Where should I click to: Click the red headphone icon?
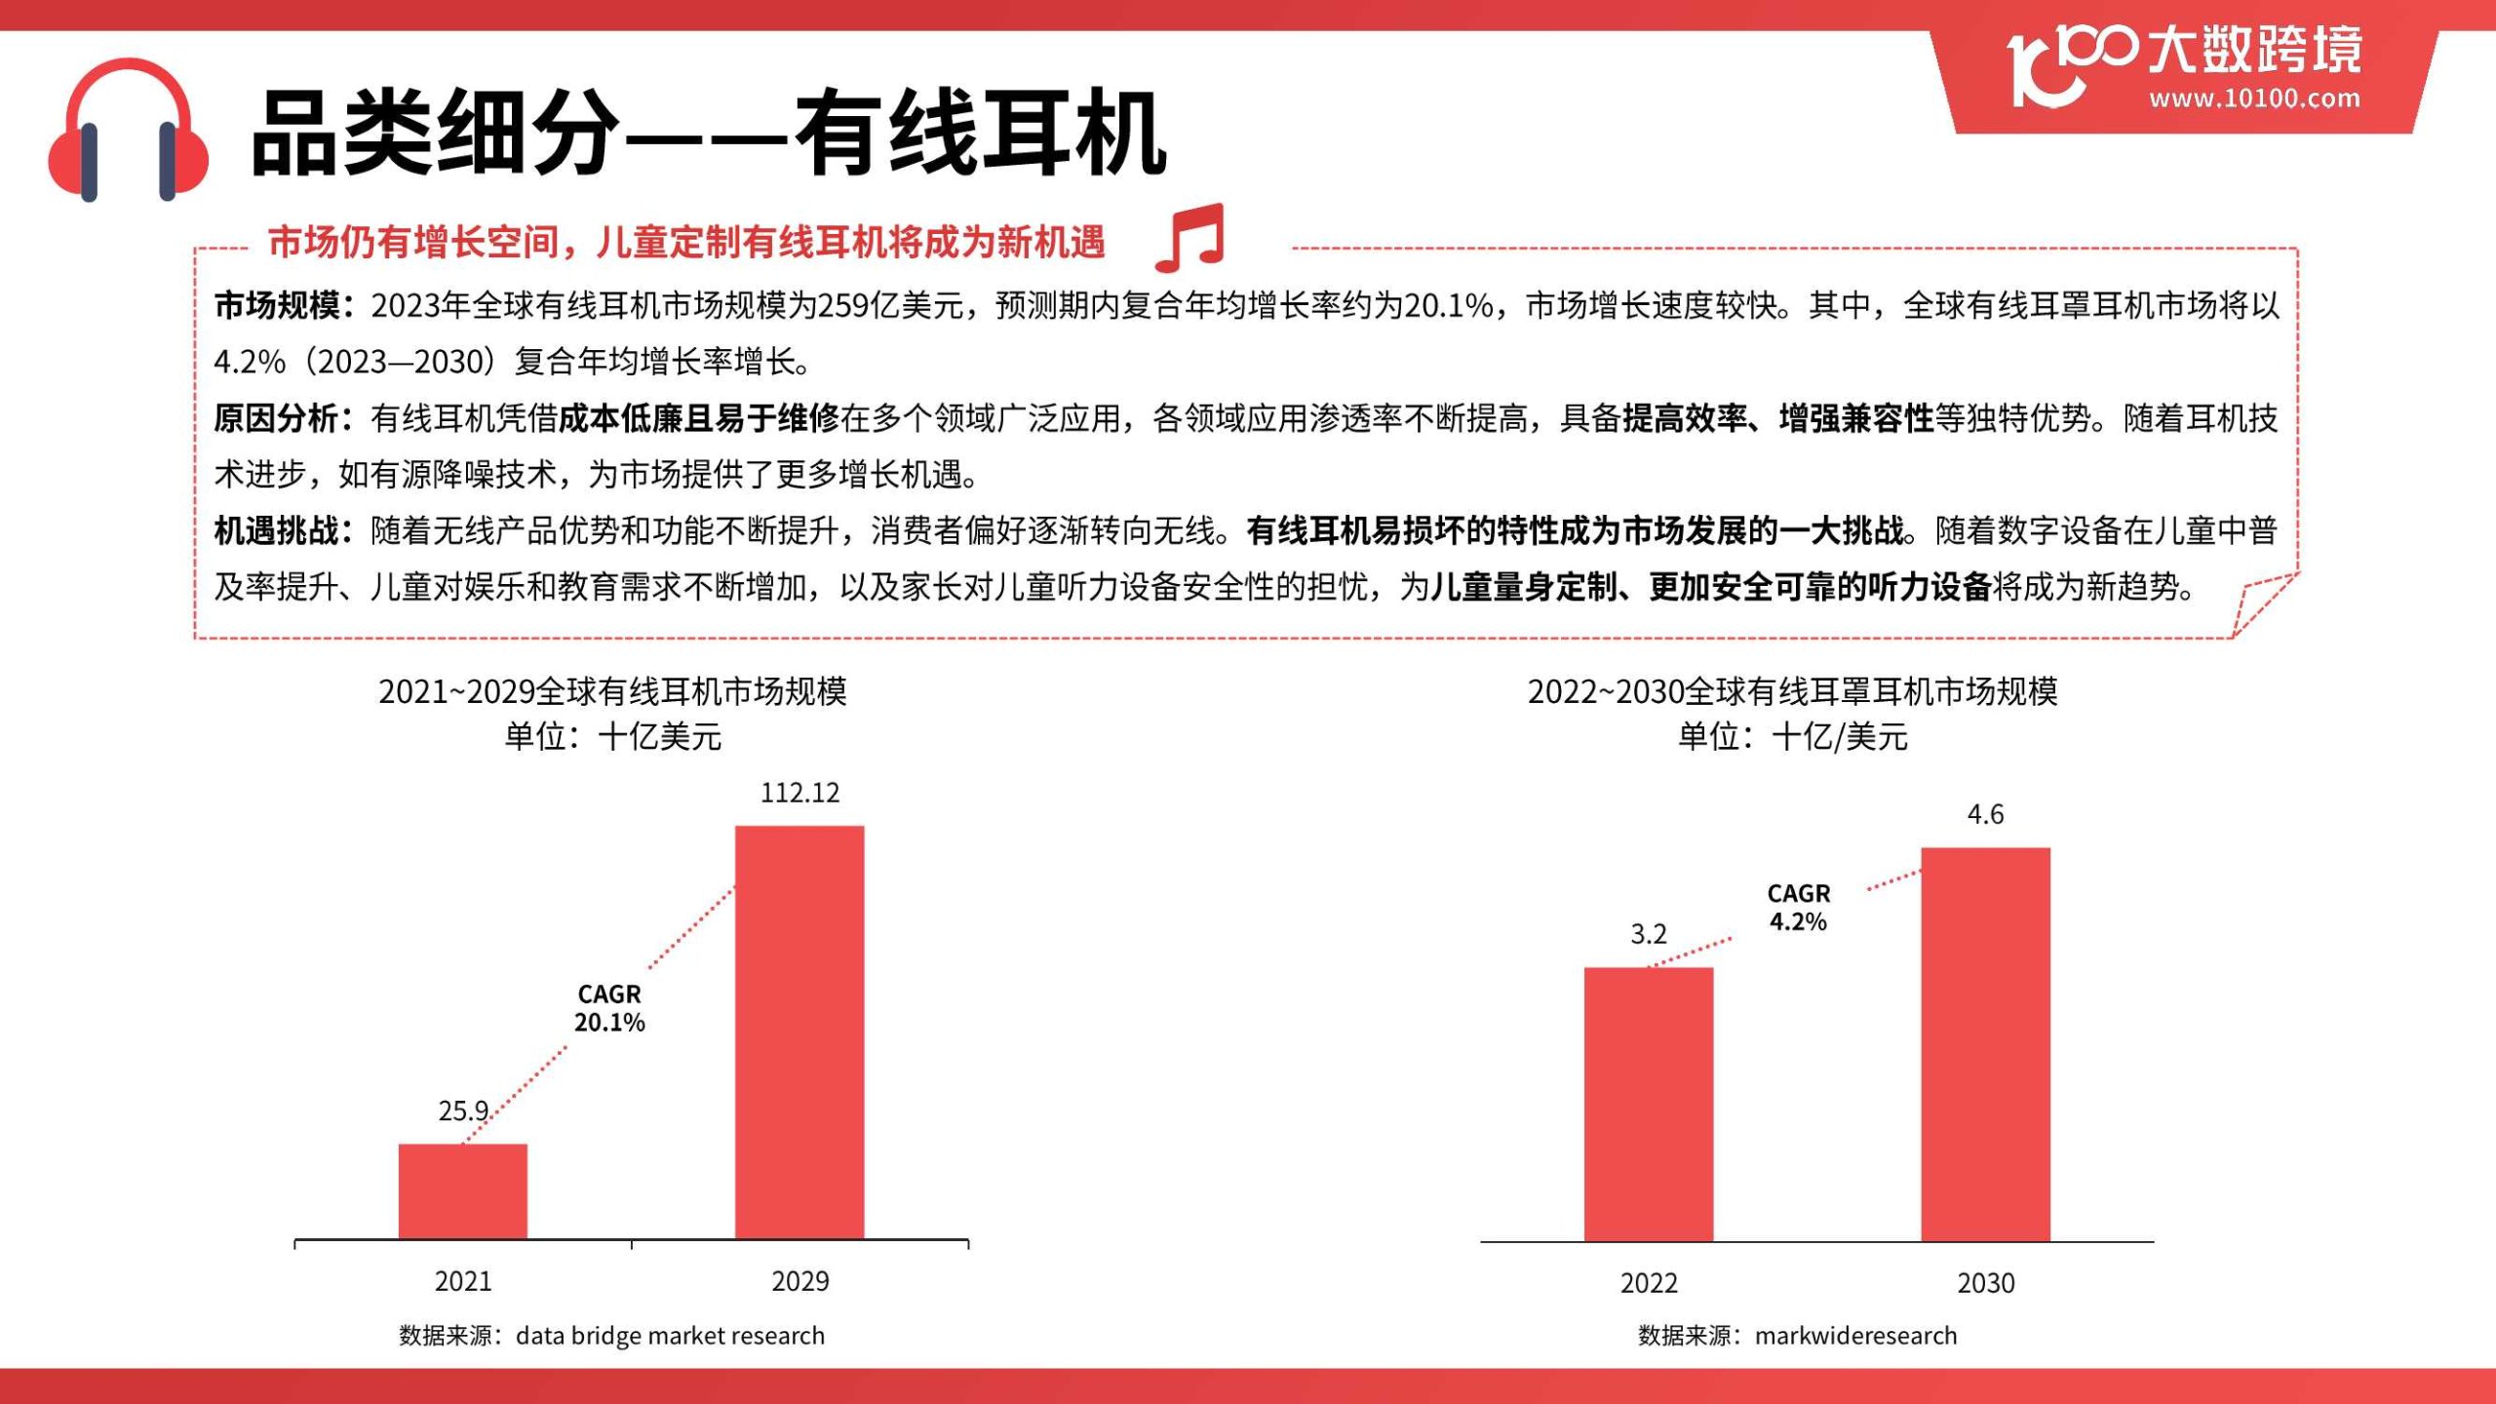(128, 131)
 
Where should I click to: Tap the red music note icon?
(1190, 239)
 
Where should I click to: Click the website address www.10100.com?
(2254, 98)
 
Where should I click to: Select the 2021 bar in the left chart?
(463, 1190)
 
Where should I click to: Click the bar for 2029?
(799, 1032)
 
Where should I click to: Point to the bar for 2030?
(1985, 1043)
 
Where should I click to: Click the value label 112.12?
(799, 793)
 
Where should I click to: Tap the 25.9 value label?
(463, 1111)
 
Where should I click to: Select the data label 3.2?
(1648, 934)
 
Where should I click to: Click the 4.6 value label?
(1985, 814)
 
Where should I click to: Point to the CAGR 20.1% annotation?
(609, 1008)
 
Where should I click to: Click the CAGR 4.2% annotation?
(1798, 908)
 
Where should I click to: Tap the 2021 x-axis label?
(463, 1281)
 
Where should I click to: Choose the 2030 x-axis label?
(1985, 1283)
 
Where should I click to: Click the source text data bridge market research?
(670, 1336)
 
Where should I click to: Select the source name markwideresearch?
(1855, 1336)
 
